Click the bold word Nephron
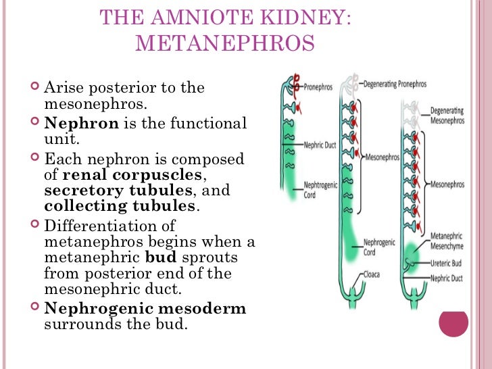coord(81,124)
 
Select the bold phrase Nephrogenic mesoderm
coord(145,309)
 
